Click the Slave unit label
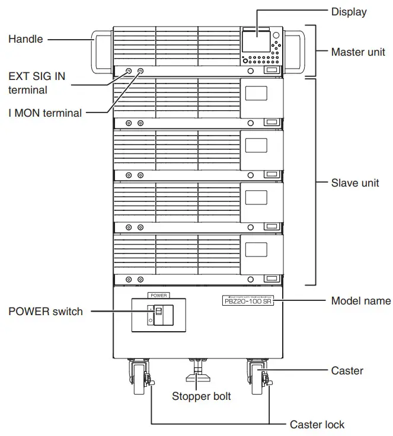tap(354, 183)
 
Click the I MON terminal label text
tap(45, 113)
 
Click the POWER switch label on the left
tap(45, 312)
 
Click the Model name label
tap(360, 301)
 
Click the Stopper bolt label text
tap(201, 396)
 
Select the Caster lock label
tap(317, 424)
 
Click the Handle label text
tap(25, 39)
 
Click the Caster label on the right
tap(347, 371)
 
